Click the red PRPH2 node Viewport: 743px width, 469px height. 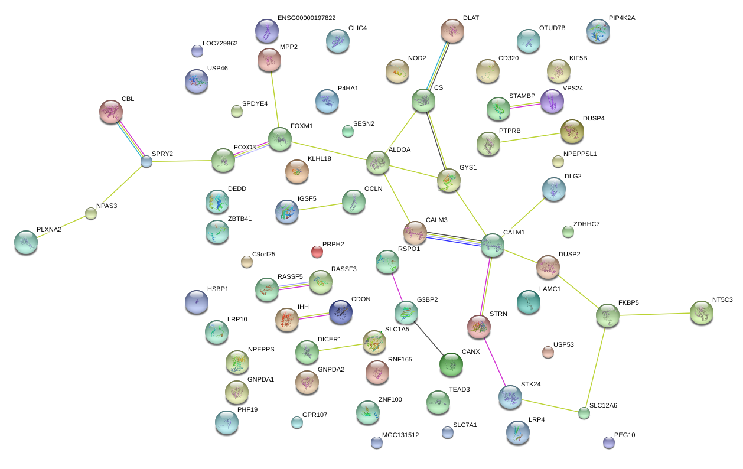click(317, 252)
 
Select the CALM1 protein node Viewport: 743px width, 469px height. click(492, 245)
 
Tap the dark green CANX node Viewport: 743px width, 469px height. click(451, 364)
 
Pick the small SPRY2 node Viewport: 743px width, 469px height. click(146, 161)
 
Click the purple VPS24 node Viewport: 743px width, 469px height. click(552, 101)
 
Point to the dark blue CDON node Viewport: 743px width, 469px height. click(340, 312)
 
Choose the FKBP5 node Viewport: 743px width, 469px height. click(608, 316)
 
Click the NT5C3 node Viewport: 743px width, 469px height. click(701, 312)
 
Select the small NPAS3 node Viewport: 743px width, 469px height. click(90, 213)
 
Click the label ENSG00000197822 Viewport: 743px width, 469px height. click(306, 18)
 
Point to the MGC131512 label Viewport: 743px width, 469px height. click(400, 435)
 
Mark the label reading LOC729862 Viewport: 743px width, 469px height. click(220, 44)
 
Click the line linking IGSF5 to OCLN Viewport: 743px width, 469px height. click(320, 207)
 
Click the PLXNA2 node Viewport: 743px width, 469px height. click(26, 242)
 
